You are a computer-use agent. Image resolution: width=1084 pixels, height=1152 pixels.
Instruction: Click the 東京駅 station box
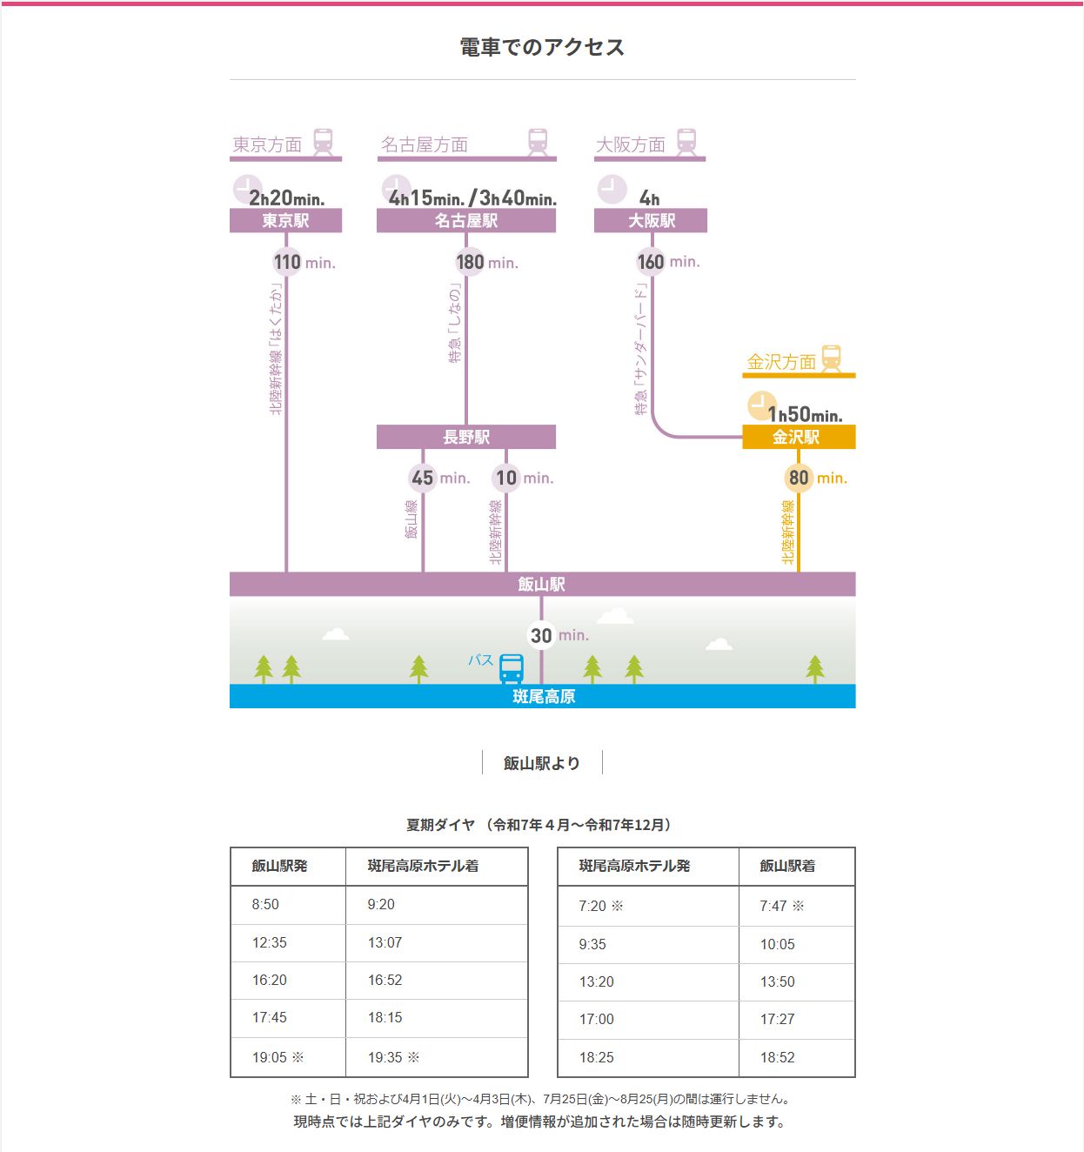(285, 221)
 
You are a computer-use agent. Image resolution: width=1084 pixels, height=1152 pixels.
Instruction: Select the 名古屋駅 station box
(465, 221)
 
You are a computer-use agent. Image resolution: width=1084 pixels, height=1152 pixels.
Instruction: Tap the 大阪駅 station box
(650, 221)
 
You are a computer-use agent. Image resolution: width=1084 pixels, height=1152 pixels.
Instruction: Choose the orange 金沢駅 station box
(798, 437)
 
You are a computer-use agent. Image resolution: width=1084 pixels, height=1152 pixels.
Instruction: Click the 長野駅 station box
(465, 437)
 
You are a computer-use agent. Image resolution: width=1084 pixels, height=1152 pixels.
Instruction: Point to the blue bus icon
(512, 668)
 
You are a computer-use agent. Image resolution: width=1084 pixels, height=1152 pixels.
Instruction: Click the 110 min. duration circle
(287, 262)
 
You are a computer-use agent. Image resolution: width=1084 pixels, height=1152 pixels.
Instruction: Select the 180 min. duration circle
(470, 262)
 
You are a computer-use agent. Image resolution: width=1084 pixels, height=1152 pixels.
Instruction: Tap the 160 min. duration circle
(651, 261)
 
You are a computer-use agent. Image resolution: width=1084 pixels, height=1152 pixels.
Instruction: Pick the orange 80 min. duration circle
(799, 478)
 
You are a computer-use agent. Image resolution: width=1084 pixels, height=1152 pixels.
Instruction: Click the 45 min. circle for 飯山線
(423, 478)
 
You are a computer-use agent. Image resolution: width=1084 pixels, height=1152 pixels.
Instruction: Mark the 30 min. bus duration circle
(541, 635)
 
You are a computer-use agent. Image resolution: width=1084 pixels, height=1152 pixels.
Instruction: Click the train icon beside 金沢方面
(832, 358)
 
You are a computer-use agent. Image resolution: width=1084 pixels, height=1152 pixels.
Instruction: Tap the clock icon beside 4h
(612, 189)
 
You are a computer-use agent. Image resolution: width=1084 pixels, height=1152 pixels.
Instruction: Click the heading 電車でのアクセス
(542, 47)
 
